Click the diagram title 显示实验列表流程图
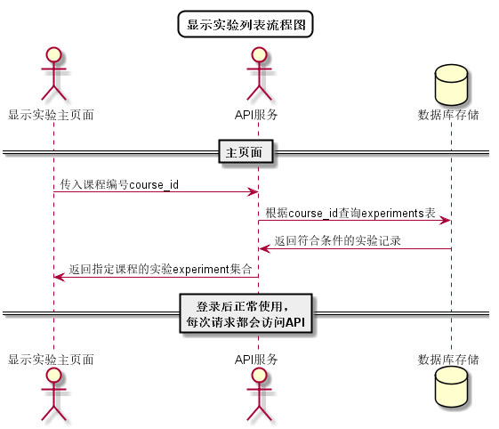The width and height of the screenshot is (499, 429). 245,25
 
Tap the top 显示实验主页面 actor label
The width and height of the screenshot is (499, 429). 52,115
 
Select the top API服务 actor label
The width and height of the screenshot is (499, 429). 256,115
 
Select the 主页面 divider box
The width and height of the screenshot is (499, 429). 245,153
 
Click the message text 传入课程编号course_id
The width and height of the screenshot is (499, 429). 119,185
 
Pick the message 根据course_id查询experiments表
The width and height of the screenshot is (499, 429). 350,214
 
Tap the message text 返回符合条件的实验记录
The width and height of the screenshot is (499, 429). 337,241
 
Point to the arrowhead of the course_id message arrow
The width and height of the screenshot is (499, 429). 252,192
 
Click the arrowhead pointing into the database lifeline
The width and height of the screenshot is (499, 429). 445,221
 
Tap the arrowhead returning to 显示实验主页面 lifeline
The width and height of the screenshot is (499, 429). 59,277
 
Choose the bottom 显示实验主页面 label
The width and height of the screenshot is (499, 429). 52,360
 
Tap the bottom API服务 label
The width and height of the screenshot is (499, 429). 256,360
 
